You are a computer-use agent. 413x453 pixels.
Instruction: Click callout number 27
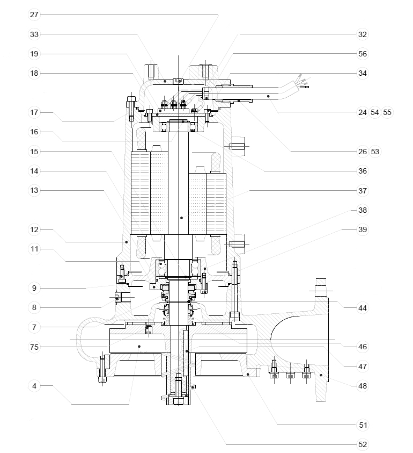(34, 15)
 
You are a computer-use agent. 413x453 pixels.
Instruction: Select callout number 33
(34, 34)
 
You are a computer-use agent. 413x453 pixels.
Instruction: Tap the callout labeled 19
(34, 54)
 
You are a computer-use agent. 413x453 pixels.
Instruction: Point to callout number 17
(34, 112)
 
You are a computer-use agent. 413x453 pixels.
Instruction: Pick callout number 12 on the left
(34, 229)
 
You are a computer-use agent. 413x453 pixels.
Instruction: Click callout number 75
(34, 347)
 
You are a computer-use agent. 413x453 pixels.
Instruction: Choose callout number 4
(34, 385)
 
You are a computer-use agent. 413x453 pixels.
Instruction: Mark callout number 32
(362, 34)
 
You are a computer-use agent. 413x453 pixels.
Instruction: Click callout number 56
(362, 54)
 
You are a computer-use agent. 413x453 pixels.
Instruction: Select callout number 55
(387, 112)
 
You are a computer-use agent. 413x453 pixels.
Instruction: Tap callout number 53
(375, 152)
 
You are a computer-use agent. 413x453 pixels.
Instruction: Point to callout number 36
(362, 171)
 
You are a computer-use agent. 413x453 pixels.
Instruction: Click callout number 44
(362, 307)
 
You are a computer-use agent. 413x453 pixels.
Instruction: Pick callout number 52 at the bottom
(362, 444)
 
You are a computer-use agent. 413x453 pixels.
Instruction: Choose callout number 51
(362, 425)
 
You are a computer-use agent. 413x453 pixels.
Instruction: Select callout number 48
(362, 385)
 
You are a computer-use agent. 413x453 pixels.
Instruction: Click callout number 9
(34, 288)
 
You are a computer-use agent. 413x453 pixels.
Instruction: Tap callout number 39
(362, 229)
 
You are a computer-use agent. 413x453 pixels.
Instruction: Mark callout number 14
(34, 171)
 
